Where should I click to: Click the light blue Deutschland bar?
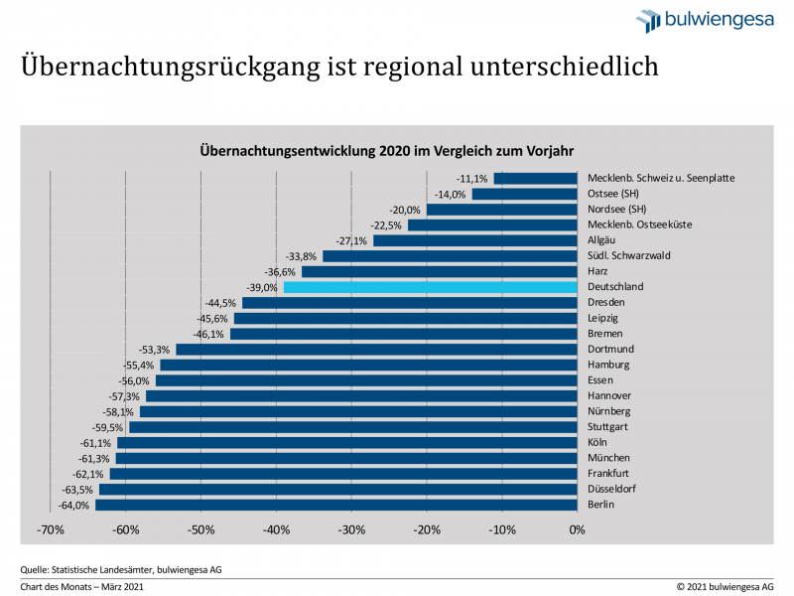pyautogui.click(x=430, y=287)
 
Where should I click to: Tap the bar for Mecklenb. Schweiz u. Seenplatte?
pyautogui.click(x=535, y=179)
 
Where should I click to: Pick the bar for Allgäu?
pyautogui.click(x=474, y=240)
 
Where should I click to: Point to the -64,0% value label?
pyautogui.click(x=75, y=505)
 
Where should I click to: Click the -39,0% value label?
pyautogui.click(x=264, y=287)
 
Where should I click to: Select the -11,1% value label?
pyautogui.click(x=473, y=179)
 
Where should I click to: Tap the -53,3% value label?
pyautogui.click(x=156, y=350)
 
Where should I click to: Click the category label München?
pyautogui.click(x=609, y=458)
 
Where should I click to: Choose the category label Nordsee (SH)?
pyautogui.click(x=616, y=210)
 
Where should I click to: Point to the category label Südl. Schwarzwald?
pyautogui.click(x=628, y=255)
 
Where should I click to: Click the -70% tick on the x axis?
pyautogui.click(x=51, y=529)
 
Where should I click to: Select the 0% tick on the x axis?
pyautogui.click(x=577, y=529)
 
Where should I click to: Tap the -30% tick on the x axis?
pyautogui.click(x=351, y=529)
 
